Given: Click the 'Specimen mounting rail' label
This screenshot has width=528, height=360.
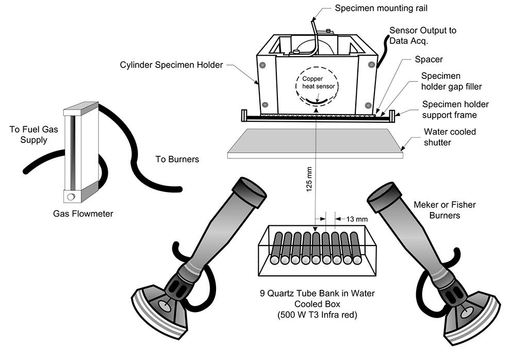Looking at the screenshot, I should (x=381, y=8).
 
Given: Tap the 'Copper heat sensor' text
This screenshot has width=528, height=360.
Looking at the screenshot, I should (x=316, y=81).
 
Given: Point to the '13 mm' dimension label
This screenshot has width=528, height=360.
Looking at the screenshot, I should (x=355, y=219).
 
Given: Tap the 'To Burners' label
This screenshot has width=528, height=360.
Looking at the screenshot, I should (x=177, y=159).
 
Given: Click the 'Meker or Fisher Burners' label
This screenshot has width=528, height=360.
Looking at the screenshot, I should (x=444, y=209).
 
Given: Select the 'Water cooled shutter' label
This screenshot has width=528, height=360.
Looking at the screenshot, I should (x=449, y=137).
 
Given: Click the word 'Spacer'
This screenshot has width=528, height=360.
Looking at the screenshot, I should (x=428, y=59).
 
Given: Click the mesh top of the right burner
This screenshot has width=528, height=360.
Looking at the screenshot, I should (x=382, y=190).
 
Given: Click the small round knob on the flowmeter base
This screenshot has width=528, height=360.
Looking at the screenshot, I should (x=71, y=196).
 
